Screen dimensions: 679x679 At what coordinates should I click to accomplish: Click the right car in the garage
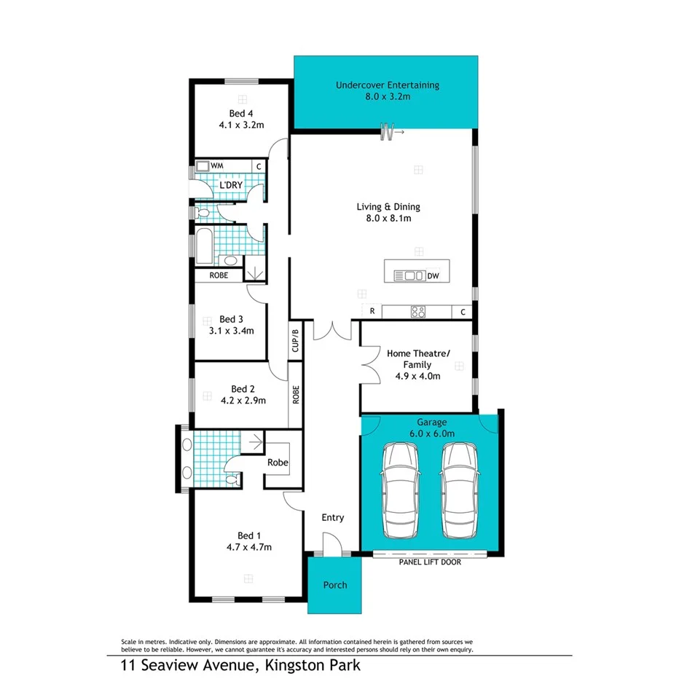[459, 490]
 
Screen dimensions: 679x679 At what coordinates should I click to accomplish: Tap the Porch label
[335, 585]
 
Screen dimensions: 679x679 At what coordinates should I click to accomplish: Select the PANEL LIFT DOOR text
[430, 562]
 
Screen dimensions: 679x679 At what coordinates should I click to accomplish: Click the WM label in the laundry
[216, 167]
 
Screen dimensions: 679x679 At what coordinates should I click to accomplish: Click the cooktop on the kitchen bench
[418, 312]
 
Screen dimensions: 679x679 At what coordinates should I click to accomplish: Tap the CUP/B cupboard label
[295, 341]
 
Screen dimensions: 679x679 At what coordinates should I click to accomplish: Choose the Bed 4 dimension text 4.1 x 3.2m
[241, 125]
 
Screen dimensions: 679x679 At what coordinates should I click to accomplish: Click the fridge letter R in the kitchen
[372, 312]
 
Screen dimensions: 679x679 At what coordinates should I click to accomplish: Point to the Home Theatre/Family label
[418, 358]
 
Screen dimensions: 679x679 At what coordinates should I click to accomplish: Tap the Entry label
[333, 517]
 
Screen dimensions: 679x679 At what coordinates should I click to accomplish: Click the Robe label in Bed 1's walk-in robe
[278, 463]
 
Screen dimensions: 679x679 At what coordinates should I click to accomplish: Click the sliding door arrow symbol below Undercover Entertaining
[393, 132]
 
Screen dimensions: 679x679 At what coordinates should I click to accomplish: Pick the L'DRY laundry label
[230, 186]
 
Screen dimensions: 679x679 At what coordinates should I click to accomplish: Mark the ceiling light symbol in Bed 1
[248, 578]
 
